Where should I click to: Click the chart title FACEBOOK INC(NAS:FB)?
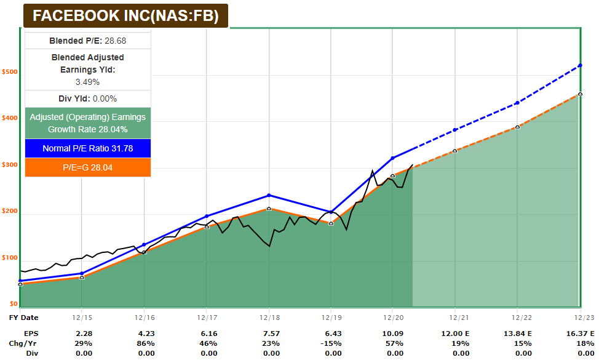click(125, 16)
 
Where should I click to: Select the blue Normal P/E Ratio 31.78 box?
click(87, 148)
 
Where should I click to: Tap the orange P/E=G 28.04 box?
click(87, 167)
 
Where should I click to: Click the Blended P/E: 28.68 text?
click(87, 41)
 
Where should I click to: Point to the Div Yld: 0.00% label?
click(87, 98)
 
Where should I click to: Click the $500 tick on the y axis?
click(10, 72)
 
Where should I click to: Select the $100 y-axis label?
click(10, 258)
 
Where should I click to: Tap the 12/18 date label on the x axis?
click(269, 318)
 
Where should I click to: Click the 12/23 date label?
click(579, 318)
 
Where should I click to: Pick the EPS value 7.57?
click(269, 333)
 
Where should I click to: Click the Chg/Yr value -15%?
click(331, 343)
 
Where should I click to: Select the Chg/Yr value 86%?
click(145, 343)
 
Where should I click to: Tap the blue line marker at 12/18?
click(269, 196)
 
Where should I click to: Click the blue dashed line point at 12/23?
click(580, 65)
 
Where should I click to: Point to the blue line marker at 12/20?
click(393, 158)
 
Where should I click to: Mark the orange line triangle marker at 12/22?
click(517, 127)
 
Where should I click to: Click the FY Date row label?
click(23, 318)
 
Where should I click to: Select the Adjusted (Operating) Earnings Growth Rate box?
click(87, 123)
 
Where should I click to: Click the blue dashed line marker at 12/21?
click(455, 130)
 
